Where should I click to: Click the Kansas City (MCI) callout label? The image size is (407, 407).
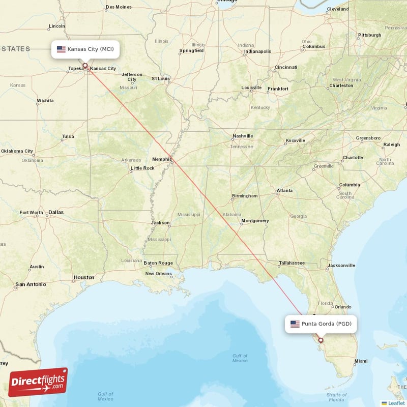click(x=85, y=49)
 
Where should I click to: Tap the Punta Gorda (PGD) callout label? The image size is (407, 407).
click(x=321, y=324)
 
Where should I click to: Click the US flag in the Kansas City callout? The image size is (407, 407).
click(x=61, y=49)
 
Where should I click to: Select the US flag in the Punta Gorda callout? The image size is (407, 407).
click(x=295, y=324)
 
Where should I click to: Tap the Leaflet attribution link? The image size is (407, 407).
click(x=396, y=402)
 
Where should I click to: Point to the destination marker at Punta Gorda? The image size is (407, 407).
click(x=321, y=340)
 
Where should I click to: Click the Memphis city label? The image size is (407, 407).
click(x=162, y=159)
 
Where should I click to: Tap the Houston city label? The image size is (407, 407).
click(x=84, y=277)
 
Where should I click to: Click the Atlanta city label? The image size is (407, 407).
click(x=284, y=191)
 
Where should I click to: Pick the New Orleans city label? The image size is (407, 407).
click(x=158, y=273)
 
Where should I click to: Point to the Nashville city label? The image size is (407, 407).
click(x=243, y=136)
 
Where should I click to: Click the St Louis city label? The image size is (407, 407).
click(x=160, y=78)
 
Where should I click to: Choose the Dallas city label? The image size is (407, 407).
click(x=56, y=212)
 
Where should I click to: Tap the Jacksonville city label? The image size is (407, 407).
click(x=341, y=265)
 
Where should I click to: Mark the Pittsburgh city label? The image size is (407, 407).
click(x=369, y=35)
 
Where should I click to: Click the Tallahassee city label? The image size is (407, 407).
click(x=292, y=263)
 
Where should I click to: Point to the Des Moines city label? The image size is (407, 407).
click(x=118, y=7)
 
